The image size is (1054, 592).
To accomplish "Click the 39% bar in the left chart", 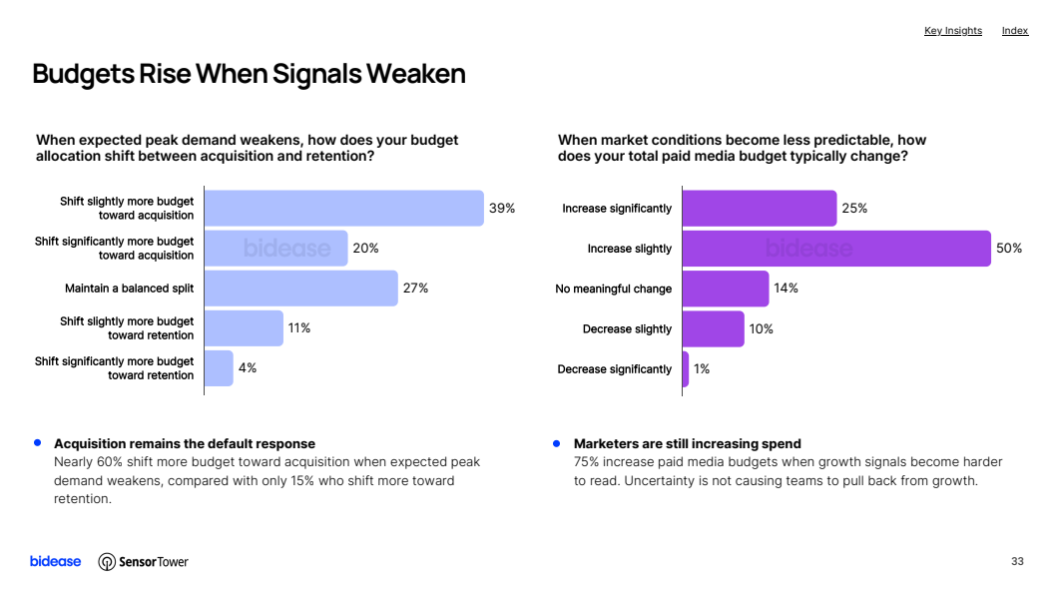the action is click(344, 209).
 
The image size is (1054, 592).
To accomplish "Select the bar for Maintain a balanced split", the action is click(301, 289).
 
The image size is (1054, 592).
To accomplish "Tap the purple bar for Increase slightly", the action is click(836, 249).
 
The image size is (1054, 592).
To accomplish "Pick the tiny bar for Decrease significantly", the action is click(686, 369).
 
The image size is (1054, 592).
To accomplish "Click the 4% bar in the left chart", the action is click(220, 368).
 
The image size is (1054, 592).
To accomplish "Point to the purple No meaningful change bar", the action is click(726, 289).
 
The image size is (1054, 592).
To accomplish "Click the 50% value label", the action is click(1009, 249).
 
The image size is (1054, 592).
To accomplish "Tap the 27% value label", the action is click(415, 289).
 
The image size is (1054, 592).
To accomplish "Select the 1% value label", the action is click(702, 369).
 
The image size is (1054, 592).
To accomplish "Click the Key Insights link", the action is click(953, 31).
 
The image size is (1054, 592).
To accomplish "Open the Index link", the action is click(1015, 31).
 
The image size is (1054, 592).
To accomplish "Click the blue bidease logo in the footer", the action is click(55, 561).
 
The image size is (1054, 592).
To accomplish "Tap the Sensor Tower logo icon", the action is click(107, 562).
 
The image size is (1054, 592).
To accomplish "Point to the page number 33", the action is click(1017, 561).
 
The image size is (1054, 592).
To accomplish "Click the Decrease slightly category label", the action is click(627, 329).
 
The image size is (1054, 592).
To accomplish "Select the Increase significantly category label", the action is click(617, 209).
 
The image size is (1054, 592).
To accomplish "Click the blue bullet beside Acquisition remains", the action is click(38, 443).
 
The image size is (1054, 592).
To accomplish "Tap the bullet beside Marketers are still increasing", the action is click(557, 443).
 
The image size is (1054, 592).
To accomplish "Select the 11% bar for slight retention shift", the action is click(244, 328).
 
